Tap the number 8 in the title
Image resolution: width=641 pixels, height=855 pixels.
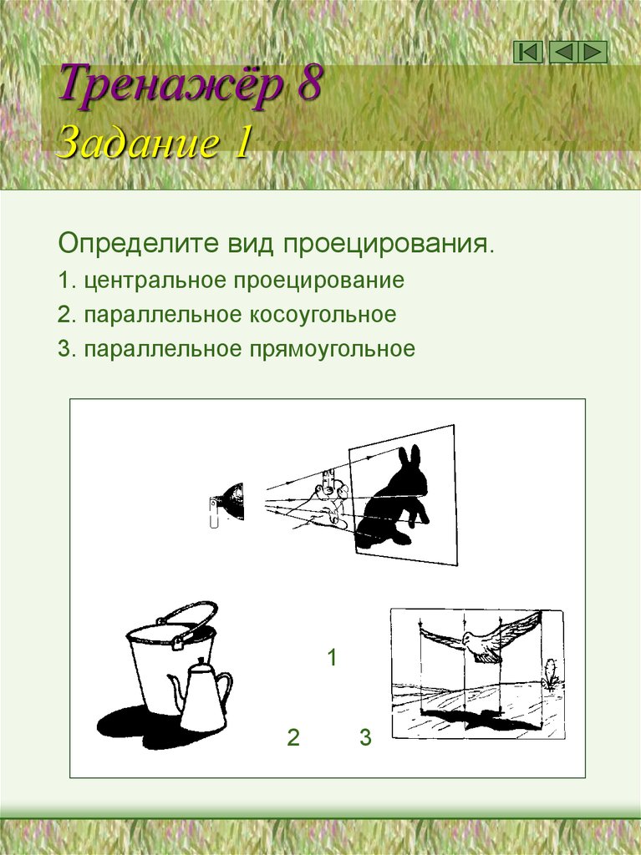click(x=306, y=88)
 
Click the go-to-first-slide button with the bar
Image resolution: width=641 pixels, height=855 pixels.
click(x=528, y=53)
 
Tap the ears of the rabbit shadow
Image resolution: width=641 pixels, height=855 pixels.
click(x=410, y=459)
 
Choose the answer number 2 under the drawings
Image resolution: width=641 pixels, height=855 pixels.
click(x=293, y=737)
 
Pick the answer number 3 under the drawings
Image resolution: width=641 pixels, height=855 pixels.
click(x=365, y=737)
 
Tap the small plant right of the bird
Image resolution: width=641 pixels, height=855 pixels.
click(x=550, y=674)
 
